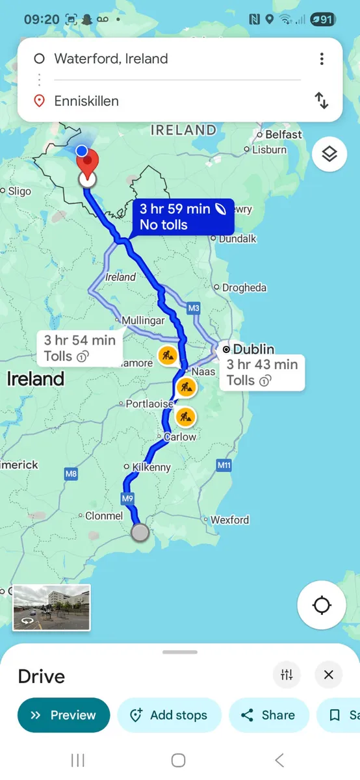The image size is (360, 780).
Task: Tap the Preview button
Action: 64,715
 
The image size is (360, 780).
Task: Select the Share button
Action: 268,715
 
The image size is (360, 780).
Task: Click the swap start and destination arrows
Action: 322,100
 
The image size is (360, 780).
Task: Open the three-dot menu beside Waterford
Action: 322,59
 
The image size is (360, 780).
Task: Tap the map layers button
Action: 329,154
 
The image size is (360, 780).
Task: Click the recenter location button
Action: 322,606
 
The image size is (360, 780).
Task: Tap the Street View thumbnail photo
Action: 51,607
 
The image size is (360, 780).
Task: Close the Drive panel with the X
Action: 329,675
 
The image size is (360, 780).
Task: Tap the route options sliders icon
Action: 287,675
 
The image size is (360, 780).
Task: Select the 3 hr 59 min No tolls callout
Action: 185,217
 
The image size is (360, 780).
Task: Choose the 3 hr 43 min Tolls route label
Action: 262,372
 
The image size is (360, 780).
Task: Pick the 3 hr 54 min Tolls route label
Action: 80,348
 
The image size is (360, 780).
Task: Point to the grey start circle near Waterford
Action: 140,533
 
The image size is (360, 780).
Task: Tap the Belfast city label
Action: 283,135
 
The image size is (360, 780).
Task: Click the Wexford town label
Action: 229,520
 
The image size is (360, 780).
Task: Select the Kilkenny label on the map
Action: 151,467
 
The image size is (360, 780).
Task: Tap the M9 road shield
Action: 127,499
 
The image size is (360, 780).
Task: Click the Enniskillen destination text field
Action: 175,101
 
